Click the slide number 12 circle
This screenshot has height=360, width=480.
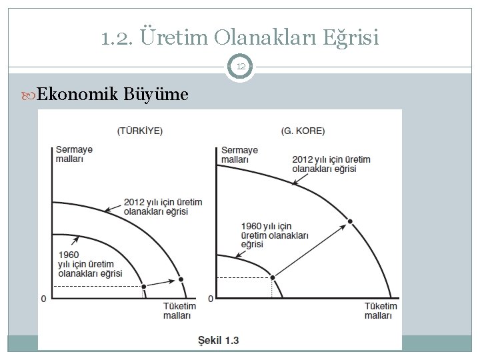click(x=240, y=67)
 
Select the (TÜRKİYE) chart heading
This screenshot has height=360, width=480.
click(x=140, y=131)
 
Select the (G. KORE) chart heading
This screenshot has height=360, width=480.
click(x=303, y=131)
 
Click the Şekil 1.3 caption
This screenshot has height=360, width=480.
click(x=219, y=341)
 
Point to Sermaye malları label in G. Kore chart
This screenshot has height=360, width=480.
click(x=239, y=155)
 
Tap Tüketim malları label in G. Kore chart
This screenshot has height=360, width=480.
click(x=381, y=311)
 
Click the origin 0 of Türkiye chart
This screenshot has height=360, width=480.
click(x=44, y=298)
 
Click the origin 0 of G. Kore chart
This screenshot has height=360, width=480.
click(x=211, y=298)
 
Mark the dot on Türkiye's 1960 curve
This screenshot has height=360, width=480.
click(x=143, y=286)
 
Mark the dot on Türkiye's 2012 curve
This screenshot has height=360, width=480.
click(x=179, y=279)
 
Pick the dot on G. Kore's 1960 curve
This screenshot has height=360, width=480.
click(x=271, y=277)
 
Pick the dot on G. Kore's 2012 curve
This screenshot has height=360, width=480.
click(x=351, y=221)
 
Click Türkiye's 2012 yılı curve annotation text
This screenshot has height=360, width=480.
click(x=163, y=207)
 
